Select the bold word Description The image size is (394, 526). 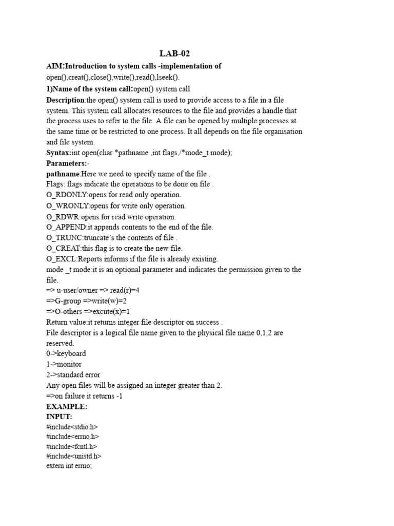click(x=65, y=100)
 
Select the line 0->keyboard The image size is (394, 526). click(x=66, y=354)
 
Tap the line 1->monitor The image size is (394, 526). click(x=64, y=364)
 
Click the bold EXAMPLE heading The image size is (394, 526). click(x=67, y=406)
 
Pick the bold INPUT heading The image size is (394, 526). click(x=59, y=417)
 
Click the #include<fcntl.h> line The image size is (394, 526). click(x=71, y=446)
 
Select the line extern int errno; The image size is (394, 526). click(x=69, y=466)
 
